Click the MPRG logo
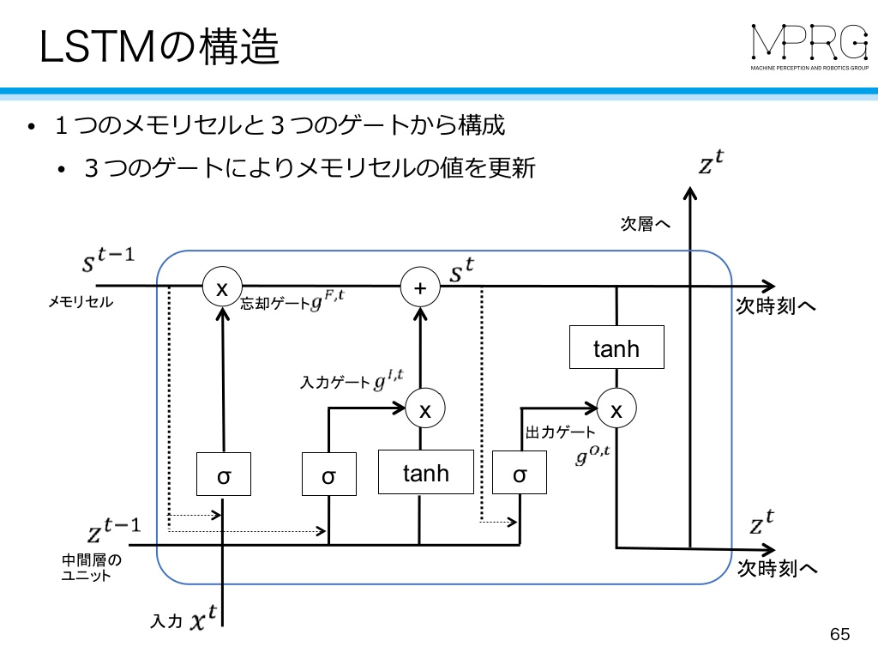tap(809, 47)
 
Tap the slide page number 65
tap(840, 634)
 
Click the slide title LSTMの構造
tap(159, 46)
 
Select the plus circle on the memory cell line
tap(420, 287)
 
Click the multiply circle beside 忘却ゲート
tap(222, 287)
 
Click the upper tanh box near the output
tap(616, 347)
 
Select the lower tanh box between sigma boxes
tap(425, 472)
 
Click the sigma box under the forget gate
tap(224, 474)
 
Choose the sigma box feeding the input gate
tap(328, 474)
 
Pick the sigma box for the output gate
tap(519, 472)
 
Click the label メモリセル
tap(81, 302)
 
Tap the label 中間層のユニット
tap(91, 567)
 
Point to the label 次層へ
tap(645, 224)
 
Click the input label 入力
tap(166, 621)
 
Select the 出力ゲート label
tap(560, 432)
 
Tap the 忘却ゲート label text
tap(275, 303)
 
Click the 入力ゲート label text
tap(335, 383)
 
